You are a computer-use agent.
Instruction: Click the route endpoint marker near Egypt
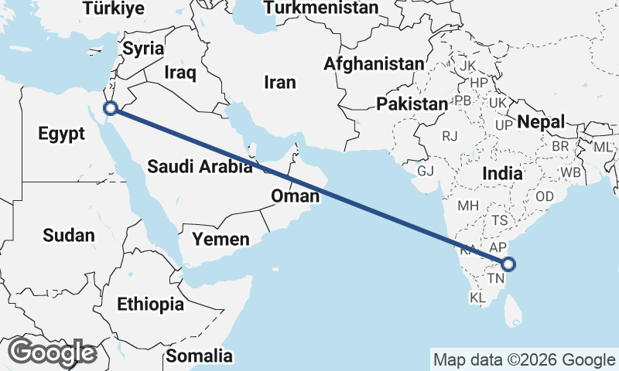(x=111, y=109)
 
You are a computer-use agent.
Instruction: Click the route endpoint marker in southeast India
(x=508, y=264)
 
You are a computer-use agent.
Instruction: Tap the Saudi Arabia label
(x=200, y=165)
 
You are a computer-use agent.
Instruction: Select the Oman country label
(x=295, y=196)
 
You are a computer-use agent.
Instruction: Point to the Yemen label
(x=221, y=239)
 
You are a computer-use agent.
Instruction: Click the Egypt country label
(x=61, y=134)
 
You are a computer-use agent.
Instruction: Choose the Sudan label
(x=69, y=236)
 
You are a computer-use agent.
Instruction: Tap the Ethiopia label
(x=151, y=305)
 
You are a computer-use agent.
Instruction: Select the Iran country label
(x=280, y=83)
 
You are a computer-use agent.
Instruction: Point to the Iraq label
(x=180, y=73)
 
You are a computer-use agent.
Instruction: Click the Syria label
(x=144, y=49)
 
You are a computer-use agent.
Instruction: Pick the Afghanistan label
(x=374, y=63)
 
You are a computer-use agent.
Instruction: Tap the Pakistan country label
(x=412, y=104)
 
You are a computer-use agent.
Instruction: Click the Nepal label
(x=541, y=121)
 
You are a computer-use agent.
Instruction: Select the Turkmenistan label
(x=321, y=9)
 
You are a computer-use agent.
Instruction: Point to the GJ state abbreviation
(x=426, y=171)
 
